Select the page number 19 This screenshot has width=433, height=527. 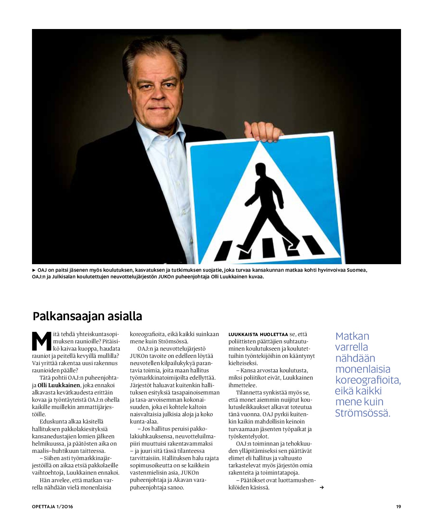coord(398,507)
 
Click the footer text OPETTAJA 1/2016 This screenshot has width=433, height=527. coord(52,507)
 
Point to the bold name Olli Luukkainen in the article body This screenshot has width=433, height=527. coord(59,385)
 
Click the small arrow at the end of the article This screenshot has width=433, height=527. coord(322,487)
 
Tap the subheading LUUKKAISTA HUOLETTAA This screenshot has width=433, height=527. coord(258,334)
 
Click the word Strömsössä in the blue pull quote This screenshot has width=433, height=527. coord(362,413)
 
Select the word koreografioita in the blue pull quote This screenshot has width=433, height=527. coord(368,380)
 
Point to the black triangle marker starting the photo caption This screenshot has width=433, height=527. coord(34,270)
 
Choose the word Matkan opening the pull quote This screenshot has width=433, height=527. coord(352,336)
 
